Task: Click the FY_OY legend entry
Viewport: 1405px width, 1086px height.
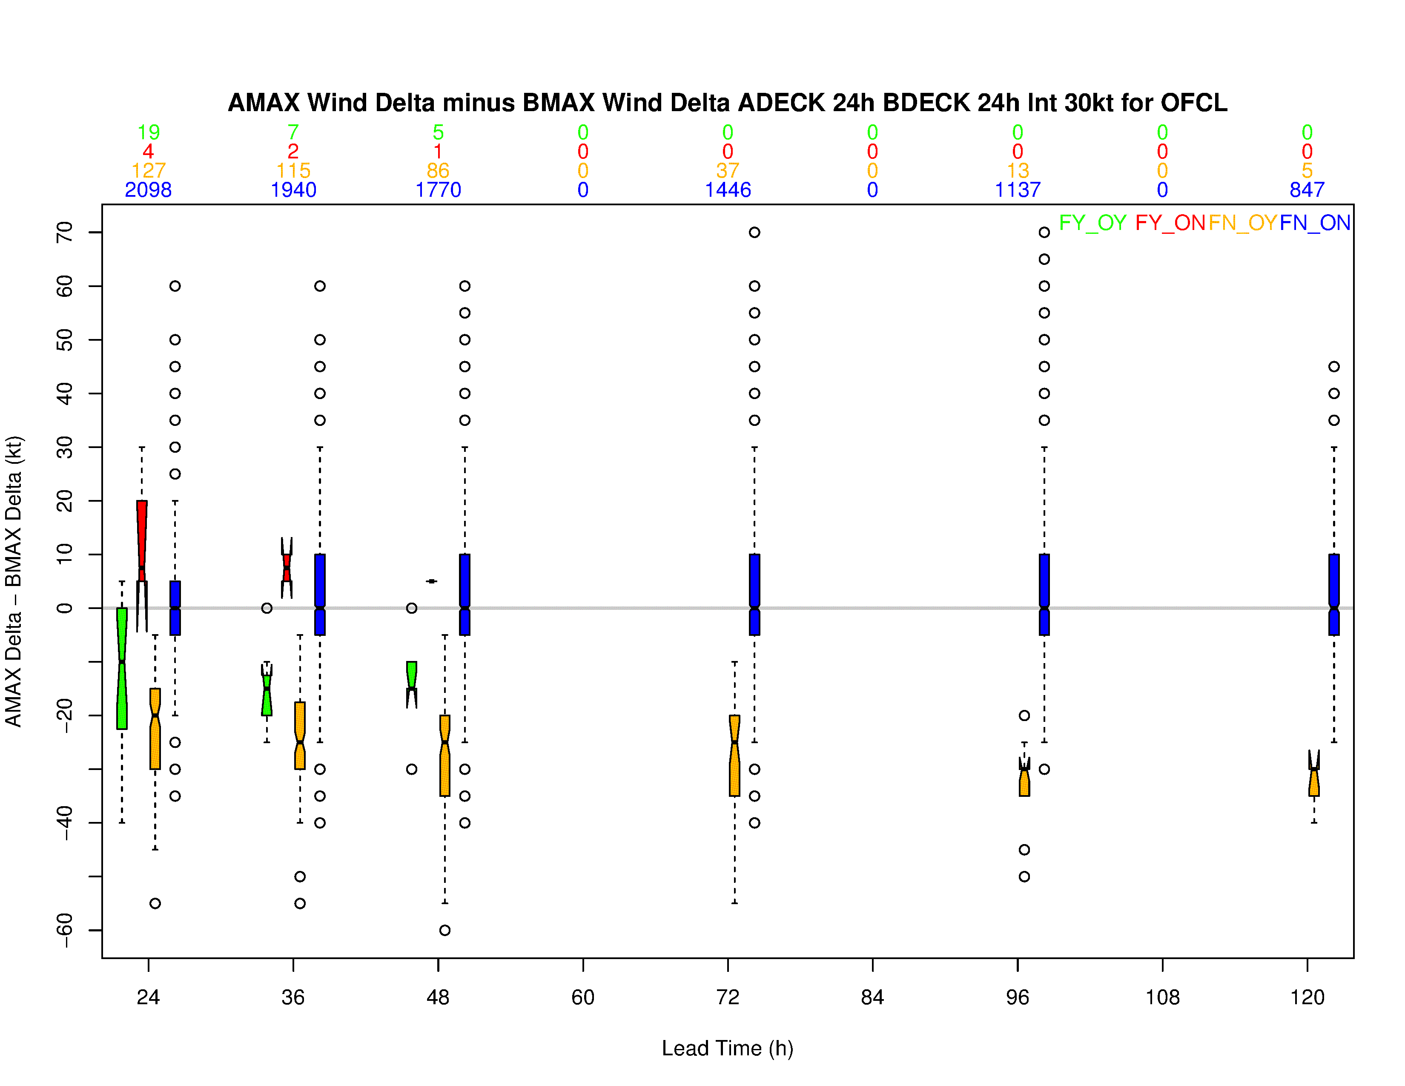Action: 1092,223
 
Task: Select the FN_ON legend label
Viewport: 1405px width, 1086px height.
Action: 1314,223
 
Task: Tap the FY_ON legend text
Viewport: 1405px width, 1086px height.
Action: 1170,223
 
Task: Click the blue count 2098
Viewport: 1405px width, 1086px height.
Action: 148,190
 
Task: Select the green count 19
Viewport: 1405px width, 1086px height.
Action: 148,132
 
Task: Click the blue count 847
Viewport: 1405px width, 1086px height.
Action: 1307,190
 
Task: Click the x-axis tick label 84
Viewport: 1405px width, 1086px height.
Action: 872,997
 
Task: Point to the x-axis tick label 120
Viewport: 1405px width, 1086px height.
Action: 1307,997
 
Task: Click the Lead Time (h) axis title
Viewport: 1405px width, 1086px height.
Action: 728,1048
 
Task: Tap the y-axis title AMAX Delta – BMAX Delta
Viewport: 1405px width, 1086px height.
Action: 14,581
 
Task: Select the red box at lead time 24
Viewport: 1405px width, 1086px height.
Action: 141,534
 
